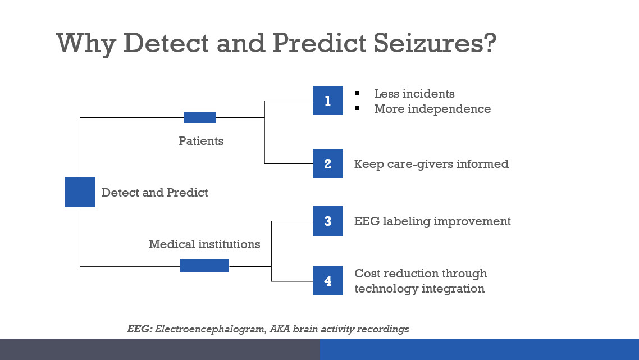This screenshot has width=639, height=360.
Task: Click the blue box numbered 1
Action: [328, 101]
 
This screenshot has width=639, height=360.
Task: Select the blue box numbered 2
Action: [328, 163]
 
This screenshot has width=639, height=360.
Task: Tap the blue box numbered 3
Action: [328, 221]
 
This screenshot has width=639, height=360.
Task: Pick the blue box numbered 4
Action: [328, 281]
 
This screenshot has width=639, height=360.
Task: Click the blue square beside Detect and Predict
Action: [80, 192]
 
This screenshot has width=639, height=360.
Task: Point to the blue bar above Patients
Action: [199, 117]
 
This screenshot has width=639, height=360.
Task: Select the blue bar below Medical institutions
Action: [204, 266]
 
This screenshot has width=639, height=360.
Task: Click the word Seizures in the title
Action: [435, 43]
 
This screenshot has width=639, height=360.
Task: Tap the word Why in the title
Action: [86, 44]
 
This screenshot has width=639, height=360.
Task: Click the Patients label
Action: [202, 140]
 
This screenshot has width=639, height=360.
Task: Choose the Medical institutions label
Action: [204, 244]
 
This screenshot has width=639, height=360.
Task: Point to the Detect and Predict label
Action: [155, 193]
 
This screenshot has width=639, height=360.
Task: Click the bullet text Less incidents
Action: [414, 93]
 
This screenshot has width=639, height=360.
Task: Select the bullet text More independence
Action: [432, 109]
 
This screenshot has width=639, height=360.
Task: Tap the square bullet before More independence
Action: [357, 108]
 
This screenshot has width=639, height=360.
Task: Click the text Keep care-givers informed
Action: [432, 164]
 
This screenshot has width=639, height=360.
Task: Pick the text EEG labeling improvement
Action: [432, 221]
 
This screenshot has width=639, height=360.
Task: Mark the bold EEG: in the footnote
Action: [140, 329]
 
